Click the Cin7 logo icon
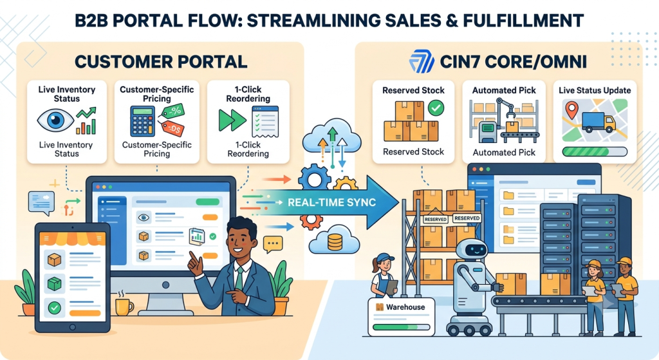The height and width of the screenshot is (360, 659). pos(422,62)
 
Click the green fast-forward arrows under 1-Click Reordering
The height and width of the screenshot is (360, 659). pos(232,120)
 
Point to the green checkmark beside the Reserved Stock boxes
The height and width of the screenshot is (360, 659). pos(436,108)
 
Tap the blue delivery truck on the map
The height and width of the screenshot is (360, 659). pos(599,122)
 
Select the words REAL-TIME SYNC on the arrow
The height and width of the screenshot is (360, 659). pos(331,202)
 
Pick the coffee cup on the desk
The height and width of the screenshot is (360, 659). pos(124,306)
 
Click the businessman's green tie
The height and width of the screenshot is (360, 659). pos(239,278)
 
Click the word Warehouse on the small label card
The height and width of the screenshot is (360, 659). pos(405,307)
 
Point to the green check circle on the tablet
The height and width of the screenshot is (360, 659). pos(54,308)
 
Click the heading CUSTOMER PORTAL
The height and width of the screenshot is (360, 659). pos(161,62)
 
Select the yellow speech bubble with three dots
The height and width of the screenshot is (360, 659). pos(272,244)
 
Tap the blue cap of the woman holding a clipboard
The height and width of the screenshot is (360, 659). pos(385,258)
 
